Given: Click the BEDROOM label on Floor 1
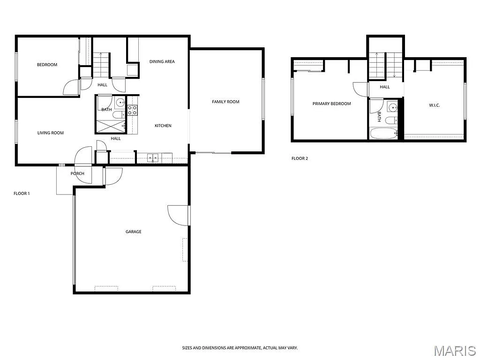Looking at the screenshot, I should coord(47,65).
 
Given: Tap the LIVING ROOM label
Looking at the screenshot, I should coord(51,133).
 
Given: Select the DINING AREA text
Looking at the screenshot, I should coord(162,61).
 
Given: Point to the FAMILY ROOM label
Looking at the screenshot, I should coord(225,102).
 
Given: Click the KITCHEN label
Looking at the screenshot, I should coord(163,126).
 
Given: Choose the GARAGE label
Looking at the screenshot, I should coord(133,232).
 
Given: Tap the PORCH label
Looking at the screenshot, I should coord(77,173).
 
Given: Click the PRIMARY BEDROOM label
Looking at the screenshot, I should coord(331,104).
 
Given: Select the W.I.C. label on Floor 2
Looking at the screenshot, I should coord(434,105).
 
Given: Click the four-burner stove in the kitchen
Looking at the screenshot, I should coord(132,110).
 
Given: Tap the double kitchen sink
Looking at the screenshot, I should coord(153,158).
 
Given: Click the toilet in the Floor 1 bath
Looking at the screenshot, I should coord(119,114).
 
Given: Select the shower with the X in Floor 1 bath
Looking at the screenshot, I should coord(111,125).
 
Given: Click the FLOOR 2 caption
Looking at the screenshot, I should coord(300,158).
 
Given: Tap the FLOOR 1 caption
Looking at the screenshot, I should coord(22,193).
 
